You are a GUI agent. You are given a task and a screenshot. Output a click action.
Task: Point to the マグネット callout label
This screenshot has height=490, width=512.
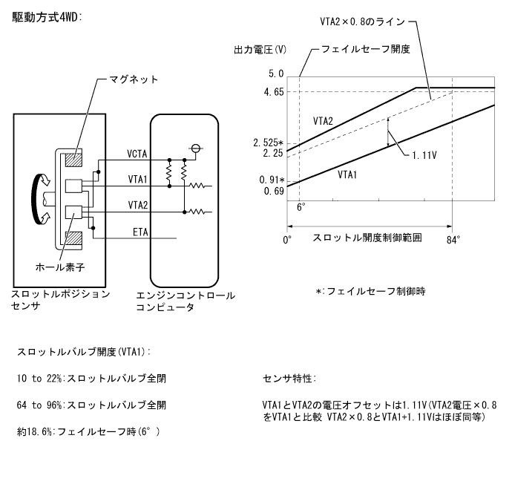(x=134, y=79)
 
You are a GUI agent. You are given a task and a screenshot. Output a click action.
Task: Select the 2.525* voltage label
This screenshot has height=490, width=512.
(x=268, y=143)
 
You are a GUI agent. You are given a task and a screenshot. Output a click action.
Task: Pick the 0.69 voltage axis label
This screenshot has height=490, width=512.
(x=273, y=192)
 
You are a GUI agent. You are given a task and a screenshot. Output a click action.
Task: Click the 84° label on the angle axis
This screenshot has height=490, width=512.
(x=453, y=239)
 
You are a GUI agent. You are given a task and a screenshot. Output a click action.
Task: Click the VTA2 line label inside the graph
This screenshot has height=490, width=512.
(x=322, y=120)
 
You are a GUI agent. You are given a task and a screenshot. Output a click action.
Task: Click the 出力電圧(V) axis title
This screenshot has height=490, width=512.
(x=260, y=50)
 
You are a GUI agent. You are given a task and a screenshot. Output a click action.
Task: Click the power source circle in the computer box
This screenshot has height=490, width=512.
(x=197, y=148)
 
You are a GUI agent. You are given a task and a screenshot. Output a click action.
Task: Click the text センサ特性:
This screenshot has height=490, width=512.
(x=289, y=379)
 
